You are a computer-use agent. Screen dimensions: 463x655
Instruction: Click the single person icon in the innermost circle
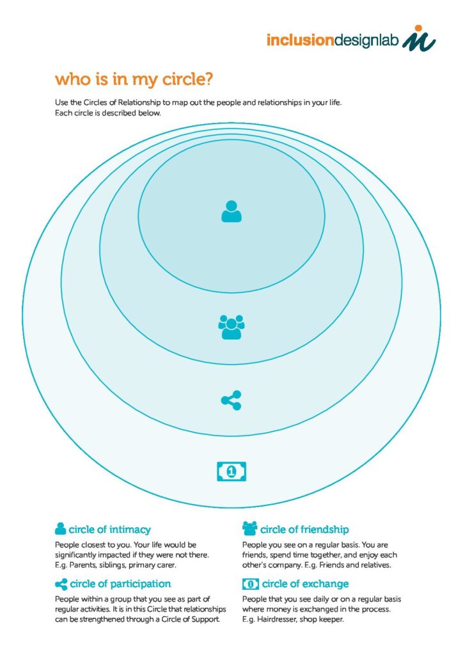click(231, 211)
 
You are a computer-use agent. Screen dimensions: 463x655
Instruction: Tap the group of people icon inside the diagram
click(231, 327)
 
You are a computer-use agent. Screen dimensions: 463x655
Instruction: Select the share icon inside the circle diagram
click(231, 400)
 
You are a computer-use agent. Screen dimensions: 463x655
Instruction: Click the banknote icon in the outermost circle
click(231, 471)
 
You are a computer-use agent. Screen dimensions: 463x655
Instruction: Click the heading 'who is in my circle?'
click(134, 79)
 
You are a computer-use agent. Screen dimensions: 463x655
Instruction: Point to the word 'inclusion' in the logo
click(300, 40)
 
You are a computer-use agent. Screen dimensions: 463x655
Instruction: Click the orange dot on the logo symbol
click(418, 28)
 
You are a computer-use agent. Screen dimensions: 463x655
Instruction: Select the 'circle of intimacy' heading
click(109, 530)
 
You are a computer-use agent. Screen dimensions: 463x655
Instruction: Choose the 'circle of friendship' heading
click(304, 530)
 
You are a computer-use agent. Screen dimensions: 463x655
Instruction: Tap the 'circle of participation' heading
click(120, 584)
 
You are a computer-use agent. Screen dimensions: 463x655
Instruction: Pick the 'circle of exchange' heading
click(305, 584)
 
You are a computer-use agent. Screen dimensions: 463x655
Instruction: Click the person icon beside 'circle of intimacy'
click(61, 528)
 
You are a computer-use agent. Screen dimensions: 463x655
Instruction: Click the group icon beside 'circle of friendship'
click(249, 528)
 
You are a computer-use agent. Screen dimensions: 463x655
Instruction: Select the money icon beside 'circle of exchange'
click(251, 584)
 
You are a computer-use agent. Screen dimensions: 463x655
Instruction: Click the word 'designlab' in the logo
click(367, 40)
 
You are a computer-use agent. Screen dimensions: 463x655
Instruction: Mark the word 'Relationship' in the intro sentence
click(140, 103)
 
